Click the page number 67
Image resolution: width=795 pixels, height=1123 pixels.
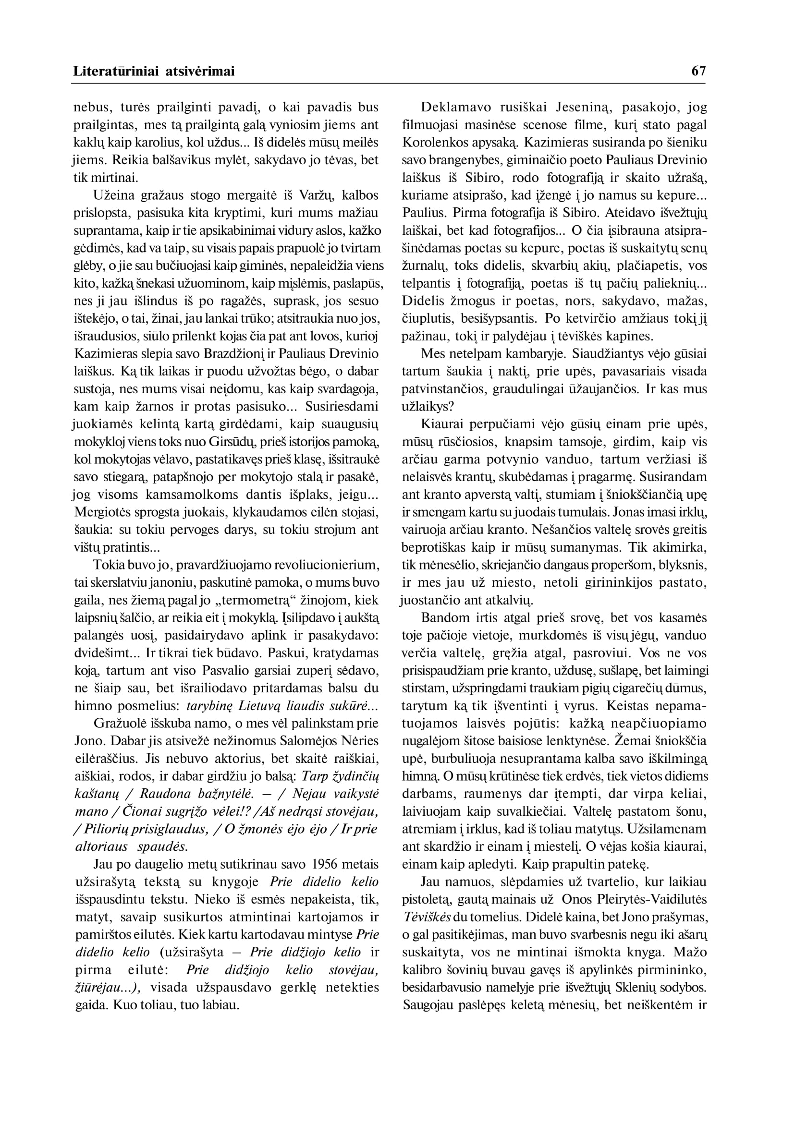pos(698,72)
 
